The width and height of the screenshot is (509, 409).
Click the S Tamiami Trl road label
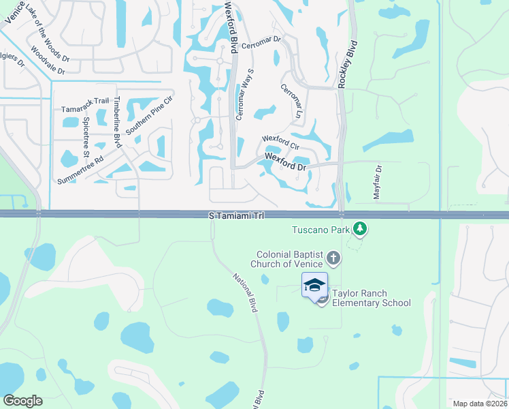[235, 215]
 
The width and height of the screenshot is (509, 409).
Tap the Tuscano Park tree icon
[360, 230]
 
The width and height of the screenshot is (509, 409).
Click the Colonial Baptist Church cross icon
[333, 258]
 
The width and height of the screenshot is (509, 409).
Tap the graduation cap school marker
[314, 284]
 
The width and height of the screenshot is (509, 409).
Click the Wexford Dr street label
[286, 161]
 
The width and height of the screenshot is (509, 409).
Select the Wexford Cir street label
[281, 143]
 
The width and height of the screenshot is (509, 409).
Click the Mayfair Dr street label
[378, 182]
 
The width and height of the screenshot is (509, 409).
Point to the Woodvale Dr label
[48, 59]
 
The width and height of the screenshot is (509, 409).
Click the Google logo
[23, 400]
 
